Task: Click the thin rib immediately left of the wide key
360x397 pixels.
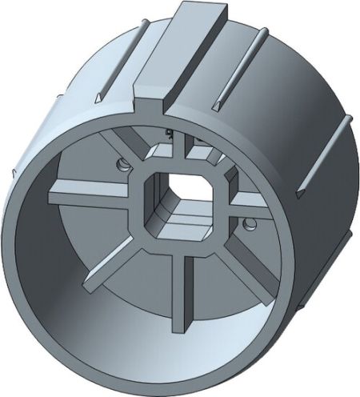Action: (120, 60)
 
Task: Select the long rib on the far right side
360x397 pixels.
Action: (324, 152)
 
